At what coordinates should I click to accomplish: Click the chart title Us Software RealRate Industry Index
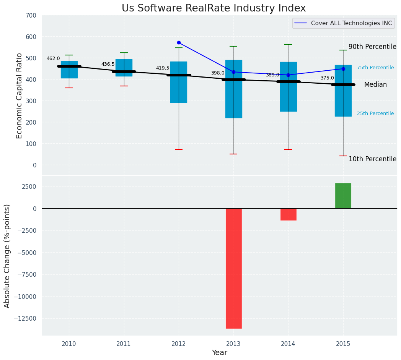tap(214, 8)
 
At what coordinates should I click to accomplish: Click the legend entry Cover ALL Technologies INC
tap(351, 23)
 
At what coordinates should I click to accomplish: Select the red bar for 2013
tap(233, 268)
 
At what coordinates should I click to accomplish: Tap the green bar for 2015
tap(343, 196)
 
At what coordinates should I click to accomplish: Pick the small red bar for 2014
tap(288, 214)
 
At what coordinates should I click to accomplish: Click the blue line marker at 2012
tap(179, 42)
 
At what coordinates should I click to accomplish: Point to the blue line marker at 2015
tap(343, 69)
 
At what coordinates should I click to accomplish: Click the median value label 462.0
tap(53, 59)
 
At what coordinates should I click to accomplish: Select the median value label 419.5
tap(162, 68)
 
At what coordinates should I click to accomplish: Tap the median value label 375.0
tap(327, 78)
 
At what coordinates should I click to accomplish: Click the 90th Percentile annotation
tap(372, 47)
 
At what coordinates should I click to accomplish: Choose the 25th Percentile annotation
tap(375, 114)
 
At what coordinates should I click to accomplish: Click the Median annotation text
tap(375, 85)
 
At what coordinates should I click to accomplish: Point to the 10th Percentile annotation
tap(372, 159)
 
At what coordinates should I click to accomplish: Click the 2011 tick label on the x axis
tap(124, 344)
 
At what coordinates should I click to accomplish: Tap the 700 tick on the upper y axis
tap(31, 16)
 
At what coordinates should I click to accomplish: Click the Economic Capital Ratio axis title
tap(20, 96)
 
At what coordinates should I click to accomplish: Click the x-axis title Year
tap(219, 353)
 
